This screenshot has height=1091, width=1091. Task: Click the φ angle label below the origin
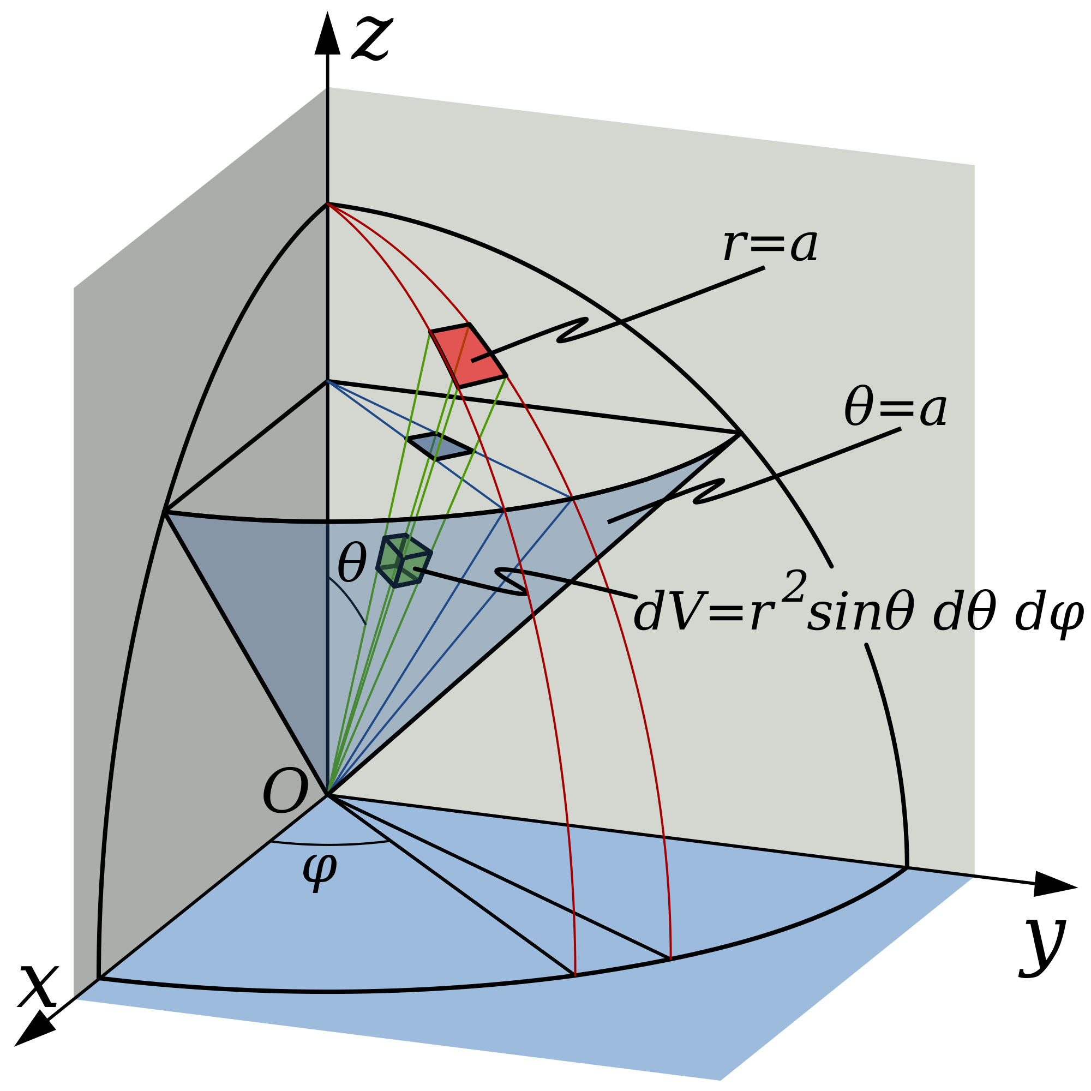pyautogui.click(x=320, y=870)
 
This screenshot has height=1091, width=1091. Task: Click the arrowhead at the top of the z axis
pyautogui.click(x=327, y=33)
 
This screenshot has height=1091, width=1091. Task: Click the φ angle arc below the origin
pyautogui.click(x=331, y=844)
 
